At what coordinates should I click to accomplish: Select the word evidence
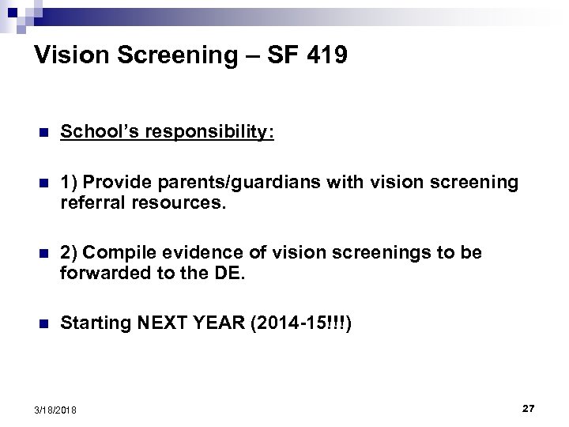pyautogui.click(x=194, y=253)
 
